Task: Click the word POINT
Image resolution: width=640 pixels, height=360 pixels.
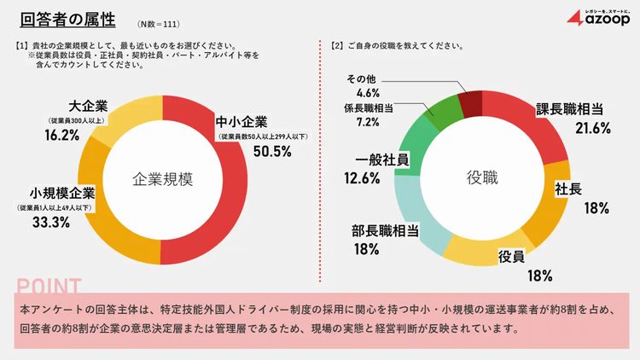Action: coord(49,286)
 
